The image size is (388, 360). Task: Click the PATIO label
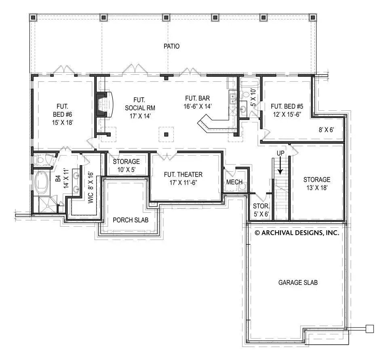(x=171, y=46)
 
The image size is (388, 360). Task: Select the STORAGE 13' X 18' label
(x=317, y=183)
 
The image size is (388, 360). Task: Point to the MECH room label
(x=234, y=182)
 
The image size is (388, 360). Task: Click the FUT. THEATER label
(x=183, y=178)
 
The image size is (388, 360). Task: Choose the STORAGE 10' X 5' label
(x=126, y=165)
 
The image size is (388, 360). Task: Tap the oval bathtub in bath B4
(x=42, y=183)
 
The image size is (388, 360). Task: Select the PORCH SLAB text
(x=130, y=220)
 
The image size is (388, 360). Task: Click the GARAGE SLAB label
(x=297, y=282)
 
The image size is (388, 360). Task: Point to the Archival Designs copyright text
(x=296, y=233)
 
